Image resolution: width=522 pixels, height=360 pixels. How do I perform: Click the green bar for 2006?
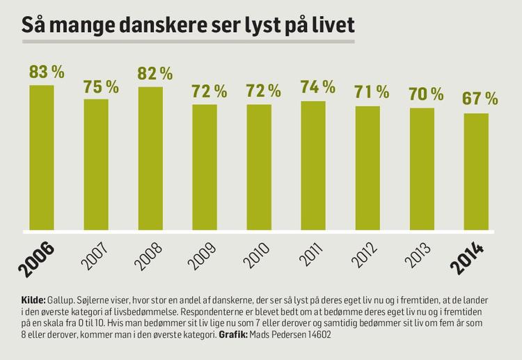click(x=42, y=157)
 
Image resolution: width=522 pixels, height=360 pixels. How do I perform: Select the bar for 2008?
click(x=150, y=159)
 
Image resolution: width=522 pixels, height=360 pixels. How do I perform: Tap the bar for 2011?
click(x=313, y=165)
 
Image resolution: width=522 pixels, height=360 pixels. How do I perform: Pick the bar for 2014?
click(x=476, y=171)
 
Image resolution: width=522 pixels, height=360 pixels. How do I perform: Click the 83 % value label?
click(x=47, y=72)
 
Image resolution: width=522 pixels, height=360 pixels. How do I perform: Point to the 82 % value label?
click(x=155, y=73)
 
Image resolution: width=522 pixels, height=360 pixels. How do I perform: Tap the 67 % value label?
click(x=481, y=99)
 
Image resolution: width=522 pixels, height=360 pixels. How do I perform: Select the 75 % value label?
click(x=101, y=86)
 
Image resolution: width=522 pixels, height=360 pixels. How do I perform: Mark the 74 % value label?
click(x=318, y=88)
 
